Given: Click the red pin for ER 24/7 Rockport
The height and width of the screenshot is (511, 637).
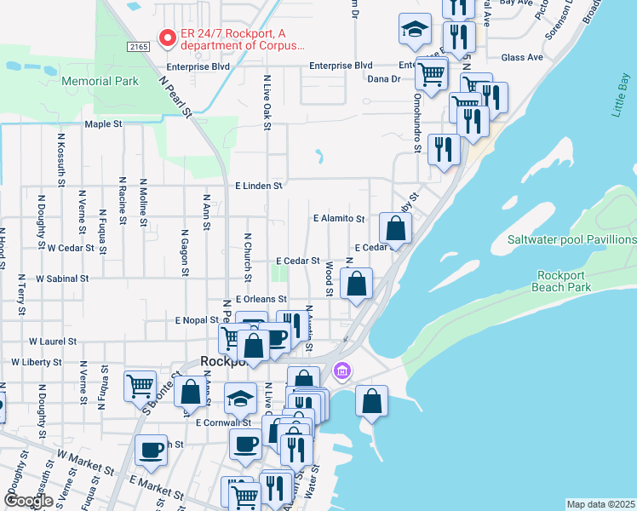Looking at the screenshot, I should (x=168, y=38).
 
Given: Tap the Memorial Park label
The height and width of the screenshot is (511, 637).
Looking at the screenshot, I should (x=100, y=81).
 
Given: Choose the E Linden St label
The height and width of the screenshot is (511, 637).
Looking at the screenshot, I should (x=258, y=186).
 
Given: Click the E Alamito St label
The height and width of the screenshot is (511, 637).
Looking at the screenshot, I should (x=338, y=219).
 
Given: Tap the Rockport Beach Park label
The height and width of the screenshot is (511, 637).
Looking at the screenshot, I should (x=565, y=281).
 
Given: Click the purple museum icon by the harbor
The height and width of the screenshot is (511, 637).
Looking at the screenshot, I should (x=342, y=370).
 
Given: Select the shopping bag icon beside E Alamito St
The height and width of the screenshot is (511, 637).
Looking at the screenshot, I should (x=395, y=228).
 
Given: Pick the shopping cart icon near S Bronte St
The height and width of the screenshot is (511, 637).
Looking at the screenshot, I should (x=140, y=385).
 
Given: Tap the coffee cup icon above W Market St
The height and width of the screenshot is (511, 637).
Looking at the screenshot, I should (x=152, y=449).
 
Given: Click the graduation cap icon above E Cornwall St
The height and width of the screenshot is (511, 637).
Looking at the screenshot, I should (x=241, y=397).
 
